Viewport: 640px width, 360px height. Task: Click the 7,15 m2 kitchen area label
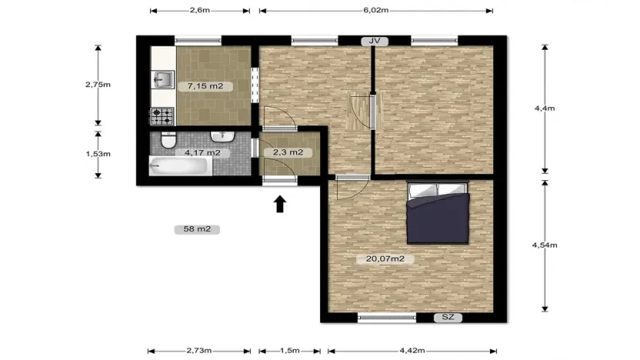point(200,86)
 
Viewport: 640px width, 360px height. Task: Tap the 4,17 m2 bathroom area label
point(202,152)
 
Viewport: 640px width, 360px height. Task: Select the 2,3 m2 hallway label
point(288,152)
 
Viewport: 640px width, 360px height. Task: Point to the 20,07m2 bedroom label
point(385,259)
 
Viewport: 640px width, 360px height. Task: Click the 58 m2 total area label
point(198,228)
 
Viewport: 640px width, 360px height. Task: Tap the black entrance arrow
point(280,203)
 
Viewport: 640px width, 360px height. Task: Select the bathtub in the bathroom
point(178,165)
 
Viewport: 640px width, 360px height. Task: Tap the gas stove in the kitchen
point(162,116)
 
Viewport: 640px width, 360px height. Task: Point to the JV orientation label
point(375,41)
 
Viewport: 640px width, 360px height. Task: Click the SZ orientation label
point(447,317)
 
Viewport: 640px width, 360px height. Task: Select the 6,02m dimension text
point(375,11)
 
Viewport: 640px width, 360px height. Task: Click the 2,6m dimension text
point(199,11)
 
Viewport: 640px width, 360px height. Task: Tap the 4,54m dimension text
point(545,245)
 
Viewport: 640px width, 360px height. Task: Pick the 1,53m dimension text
point(98,153)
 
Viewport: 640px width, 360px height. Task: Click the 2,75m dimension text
point(98,85)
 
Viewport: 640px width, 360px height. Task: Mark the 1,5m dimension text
point(289,351)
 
